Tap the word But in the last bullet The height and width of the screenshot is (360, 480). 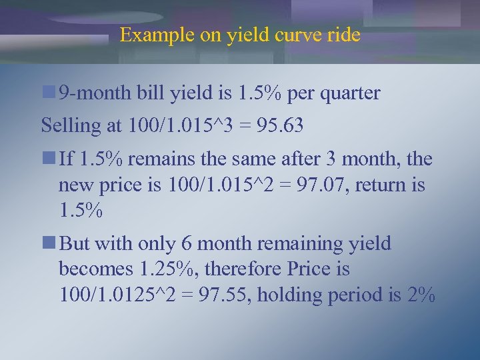[x=75, y=244]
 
